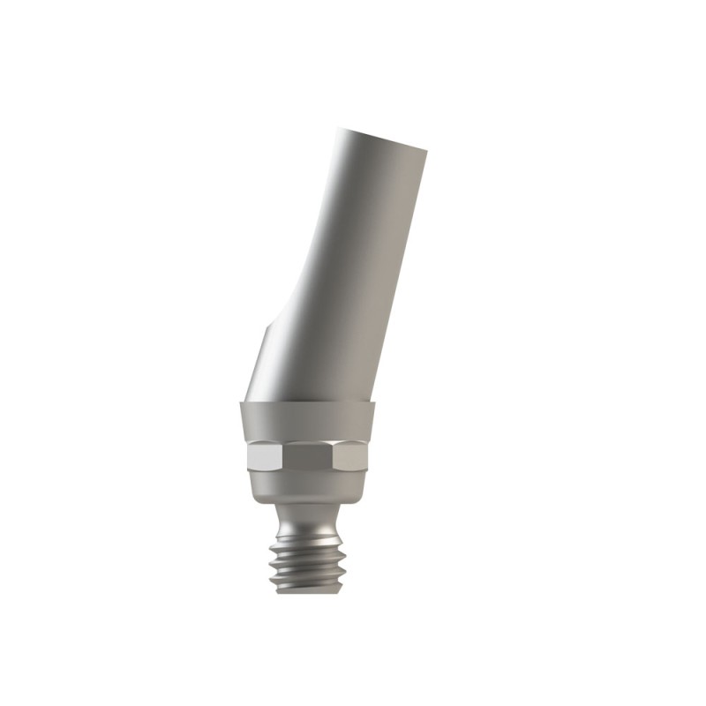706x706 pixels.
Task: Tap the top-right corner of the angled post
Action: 428,149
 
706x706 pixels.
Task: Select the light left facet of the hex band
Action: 265,456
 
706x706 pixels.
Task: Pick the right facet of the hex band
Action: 353,456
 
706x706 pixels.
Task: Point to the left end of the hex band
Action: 250,456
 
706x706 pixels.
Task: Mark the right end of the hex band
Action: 367,456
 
